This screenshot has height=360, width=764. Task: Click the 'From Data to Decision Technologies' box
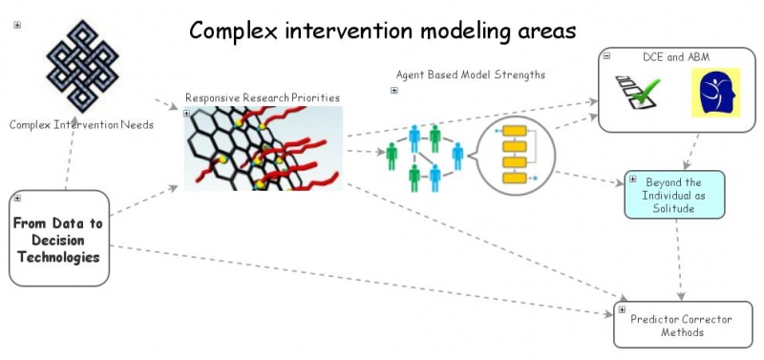coord(59,239)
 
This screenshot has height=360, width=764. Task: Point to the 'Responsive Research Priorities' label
coord(262,97)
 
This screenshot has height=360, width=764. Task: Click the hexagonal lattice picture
coord(263,148)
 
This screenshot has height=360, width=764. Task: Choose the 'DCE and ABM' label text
coord(676,57)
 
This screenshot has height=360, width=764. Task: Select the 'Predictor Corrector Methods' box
coord(682,326)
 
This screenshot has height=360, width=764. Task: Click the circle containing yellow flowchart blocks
coord(515,156)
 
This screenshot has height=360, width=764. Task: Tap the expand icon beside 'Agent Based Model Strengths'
coord(394,91)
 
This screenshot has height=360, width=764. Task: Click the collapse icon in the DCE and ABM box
coord(606,57)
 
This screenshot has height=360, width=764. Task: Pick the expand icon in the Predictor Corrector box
coord(623,309)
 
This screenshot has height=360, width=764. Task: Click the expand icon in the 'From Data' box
coord(17,199)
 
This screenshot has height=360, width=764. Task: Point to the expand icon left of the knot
coord(17,25)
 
